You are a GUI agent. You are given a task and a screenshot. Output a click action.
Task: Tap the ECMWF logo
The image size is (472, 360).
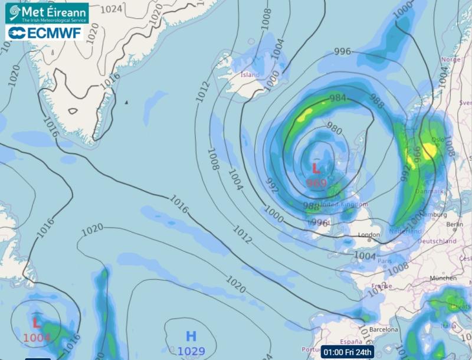pos(45,32)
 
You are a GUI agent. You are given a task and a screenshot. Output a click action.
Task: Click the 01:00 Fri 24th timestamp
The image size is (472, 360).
pos(348,352)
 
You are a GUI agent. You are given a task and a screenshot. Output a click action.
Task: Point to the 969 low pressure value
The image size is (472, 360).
pos(316,183)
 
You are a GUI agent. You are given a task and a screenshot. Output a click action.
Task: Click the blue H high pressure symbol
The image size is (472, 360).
pos(191,337)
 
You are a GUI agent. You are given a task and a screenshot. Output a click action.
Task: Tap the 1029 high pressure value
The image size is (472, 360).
pos(191,352)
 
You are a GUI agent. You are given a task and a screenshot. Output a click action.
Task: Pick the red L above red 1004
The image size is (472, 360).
pos(36,323)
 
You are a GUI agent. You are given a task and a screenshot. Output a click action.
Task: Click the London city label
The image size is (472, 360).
pos(369,235)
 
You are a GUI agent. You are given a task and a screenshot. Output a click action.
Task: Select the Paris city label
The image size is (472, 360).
pos(385,260)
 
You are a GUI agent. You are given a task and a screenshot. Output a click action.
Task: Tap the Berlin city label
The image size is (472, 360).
pos(455,225)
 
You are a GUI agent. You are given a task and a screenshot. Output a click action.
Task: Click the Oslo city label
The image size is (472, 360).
pos(437,140)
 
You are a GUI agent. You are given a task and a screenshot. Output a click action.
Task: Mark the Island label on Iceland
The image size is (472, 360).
pos(250,75)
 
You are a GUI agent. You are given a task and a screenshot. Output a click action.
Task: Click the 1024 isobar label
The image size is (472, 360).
pos(112,8)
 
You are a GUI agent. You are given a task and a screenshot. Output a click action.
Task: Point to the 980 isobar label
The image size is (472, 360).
pos(334,130)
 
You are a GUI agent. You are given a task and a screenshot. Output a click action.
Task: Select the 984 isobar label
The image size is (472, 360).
pos(338,98)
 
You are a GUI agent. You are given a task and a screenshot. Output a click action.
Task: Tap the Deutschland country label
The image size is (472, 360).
pos(437,241)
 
